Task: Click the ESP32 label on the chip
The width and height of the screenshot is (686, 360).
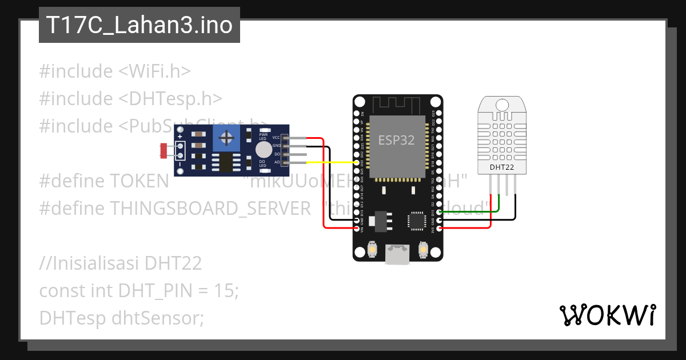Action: pos(397,140)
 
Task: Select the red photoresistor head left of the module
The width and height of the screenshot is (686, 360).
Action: pos(163,150)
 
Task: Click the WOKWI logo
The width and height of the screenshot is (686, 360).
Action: pos(607,315)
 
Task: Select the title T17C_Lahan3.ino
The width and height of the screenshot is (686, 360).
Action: pos(139,25)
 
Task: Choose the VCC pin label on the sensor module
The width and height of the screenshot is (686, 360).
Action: pos(276,138)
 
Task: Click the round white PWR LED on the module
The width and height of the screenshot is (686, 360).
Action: pos(263,149)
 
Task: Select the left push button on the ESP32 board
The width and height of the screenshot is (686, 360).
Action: pos(372,250)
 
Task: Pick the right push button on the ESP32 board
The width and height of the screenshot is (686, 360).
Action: pos(423,250)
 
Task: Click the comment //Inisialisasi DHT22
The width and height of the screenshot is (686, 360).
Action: pos(121,263)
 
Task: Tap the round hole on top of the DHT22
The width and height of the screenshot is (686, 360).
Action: pos(502,105)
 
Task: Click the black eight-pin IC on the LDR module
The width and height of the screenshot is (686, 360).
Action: pos(227,162)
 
